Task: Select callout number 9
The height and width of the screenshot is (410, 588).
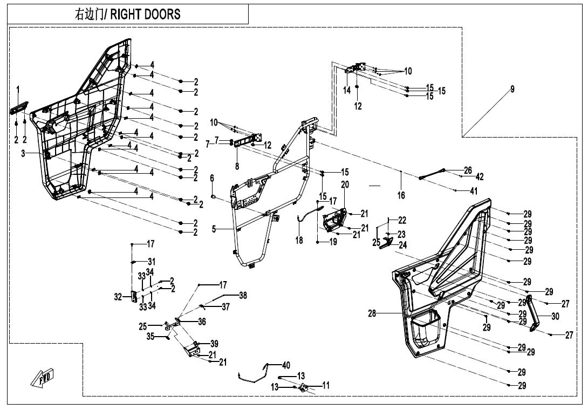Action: (x=512, y=90)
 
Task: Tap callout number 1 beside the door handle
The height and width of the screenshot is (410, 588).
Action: (x=18, y=89)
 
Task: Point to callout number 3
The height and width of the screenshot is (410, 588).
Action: (x=23, y=154)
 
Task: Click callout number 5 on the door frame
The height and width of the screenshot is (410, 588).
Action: (x=214, y=229)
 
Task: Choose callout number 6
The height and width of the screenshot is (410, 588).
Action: (x=212, y=178)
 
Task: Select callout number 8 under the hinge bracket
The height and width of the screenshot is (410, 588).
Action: (x=237, y=166)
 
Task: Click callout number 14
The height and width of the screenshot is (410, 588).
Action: (x=347, y=91)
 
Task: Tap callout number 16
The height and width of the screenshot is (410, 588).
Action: (x=401, y=195)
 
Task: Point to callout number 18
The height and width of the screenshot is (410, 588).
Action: (x=299, y=241)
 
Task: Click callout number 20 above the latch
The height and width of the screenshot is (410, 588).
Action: (x=345, y=184)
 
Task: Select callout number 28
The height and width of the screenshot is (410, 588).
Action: (x=372, y=314)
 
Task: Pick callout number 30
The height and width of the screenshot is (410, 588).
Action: (x=556, y=317)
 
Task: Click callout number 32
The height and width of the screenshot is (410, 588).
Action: (x=118, y=296)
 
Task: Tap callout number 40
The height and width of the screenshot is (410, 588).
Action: (x=286, y=365)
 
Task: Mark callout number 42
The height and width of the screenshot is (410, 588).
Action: (x=480, y=177)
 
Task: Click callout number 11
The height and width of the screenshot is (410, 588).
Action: (x=326, y=385)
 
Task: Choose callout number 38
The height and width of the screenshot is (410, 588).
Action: (x=243, y=296)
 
